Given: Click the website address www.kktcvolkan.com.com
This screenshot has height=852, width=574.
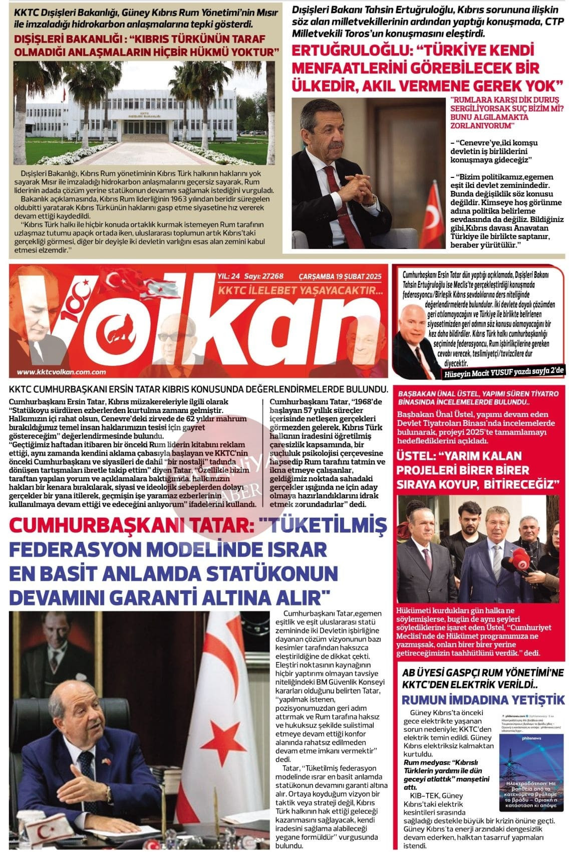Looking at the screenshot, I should [61, 372].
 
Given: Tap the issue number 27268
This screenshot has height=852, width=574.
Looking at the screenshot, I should [271, 276].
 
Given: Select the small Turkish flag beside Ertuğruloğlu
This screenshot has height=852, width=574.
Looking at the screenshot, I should [433, 216].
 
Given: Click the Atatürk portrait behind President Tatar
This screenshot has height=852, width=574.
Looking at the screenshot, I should [55, 647].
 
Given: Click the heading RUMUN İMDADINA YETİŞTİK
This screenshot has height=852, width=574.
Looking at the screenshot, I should [484, 700].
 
